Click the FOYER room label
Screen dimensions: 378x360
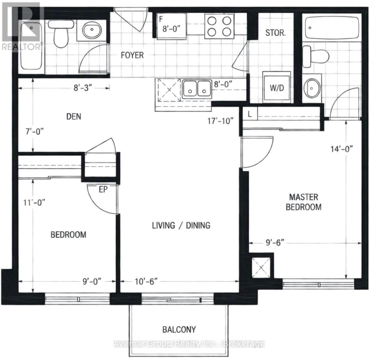click(x=132, y=55)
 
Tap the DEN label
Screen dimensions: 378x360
click(x=74, y=116)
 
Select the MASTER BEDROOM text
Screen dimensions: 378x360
click(x=304, y=202)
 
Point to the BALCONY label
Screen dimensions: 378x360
click(x=179, y=329)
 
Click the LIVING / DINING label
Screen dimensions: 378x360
click(x=181, y=225)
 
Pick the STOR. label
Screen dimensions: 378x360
click(x=276, y=33)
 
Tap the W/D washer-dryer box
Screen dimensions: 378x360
click(x=277, y=88)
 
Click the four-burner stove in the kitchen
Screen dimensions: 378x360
click(x=219, y=26)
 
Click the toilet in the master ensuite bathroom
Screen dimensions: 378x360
click(x=316, y=57)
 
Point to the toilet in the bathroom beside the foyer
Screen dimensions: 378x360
click(x=61, y=34)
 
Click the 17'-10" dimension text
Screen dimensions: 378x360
click(x=220, y=121)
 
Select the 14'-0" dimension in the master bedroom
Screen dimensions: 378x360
click(x=341, y=149)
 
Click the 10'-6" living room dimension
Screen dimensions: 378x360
click(x=146, y=282)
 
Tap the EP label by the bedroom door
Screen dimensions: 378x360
click(x=103, y=190)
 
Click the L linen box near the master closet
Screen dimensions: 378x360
click(x=250, y=115)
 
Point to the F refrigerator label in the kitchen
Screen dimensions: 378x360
click(x=161, y=19)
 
